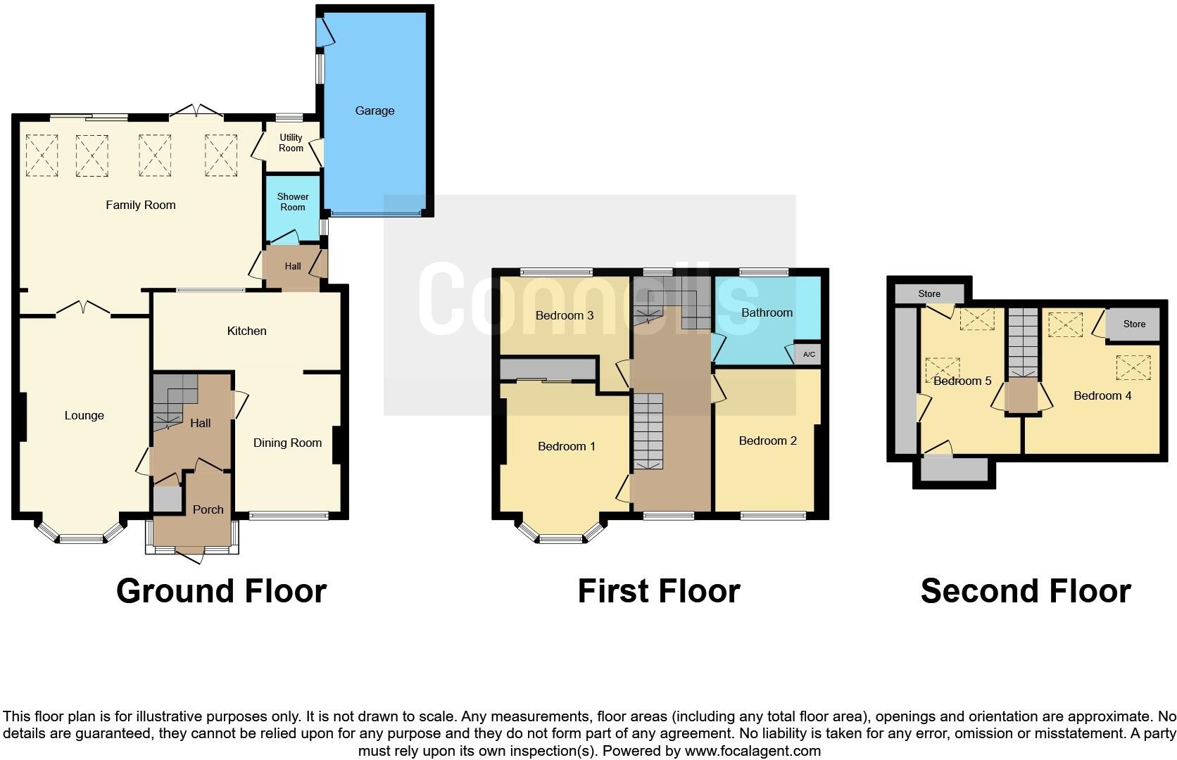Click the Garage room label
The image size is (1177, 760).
tap(374, 110)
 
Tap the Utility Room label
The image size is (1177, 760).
tap(291, 143)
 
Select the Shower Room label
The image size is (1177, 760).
tap(293, 202)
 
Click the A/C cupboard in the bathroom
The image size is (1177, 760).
tap(809, 354)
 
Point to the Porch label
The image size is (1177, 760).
tap(208, 509)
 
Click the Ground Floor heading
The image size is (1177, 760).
tap(221, 591)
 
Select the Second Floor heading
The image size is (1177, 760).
tap(1025, 591)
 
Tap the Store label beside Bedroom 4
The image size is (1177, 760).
tap(1134, 324)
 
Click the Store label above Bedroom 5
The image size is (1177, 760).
tap(929, 293)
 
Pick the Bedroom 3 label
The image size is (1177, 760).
tap(564, 315)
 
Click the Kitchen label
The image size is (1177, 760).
tap(246, 331)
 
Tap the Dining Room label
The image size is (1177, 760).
tap(287, 443)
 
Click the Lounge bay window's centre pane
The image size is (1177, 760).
tap(81, 540)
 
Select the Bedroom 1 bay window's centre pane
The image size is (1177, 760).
tap(561, 540)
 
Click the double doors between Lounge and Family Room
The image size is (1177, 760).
tap(84, 309)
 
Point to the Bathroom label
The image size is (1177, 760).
tap(767, 312)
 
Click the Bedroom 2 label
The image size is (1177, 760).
tap(767, 441)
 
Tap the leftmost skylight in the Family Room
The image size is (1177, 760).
tap(42, 155)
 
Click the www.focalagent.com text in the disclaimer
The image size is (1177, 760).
tap(753, 751)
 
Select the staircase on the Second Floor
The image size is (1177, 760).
tap(1023, 342)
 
